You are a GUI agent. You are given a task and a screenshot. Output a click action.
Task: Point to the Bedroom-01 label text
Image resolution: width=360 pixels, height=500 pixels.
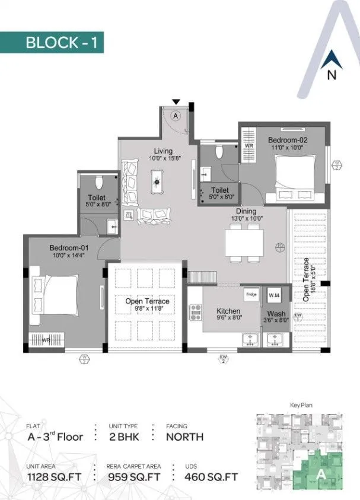click(66, 247)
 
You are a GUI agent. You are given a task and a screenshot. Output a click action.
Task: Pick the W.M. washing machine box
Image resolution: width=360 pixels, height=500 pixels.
click(275, 294)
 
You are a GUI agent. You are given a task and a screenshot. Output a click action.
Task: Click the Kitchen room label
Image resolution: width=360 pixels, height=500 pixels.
click(228, 311)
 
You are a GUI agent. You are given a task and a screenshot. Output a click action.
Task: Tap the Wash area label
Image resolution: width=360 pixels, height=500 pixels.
click(276, 314)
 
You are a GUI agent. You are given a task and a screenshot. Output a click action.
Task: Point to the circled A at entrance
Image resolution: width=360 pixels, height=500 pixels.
click(176, 116)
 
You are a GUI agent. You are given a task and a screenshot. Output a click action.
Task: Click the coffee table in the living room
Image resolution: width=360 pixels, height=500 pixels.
click(158, 181)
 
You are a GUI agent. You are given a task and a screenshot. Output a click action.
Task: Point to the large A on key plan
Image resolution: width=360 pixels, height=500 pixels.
click(321, 473)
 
